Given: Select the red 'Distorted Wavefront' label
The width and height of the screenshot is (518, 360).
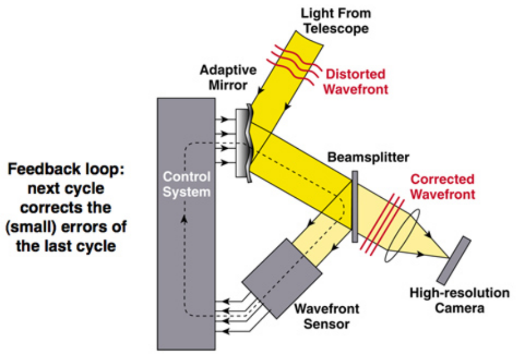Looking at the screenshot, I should [x=356, y=82].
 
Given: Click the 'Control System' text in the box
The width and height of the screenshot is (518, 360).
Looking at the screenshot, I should [x=185, y=184].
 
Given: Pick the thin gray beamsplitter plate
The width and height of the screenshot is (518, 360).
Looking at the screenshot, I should [x=354, y=206].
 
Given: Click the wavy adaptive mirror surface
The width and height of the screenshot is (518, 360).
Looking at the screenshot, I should [x=249, y=137].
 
